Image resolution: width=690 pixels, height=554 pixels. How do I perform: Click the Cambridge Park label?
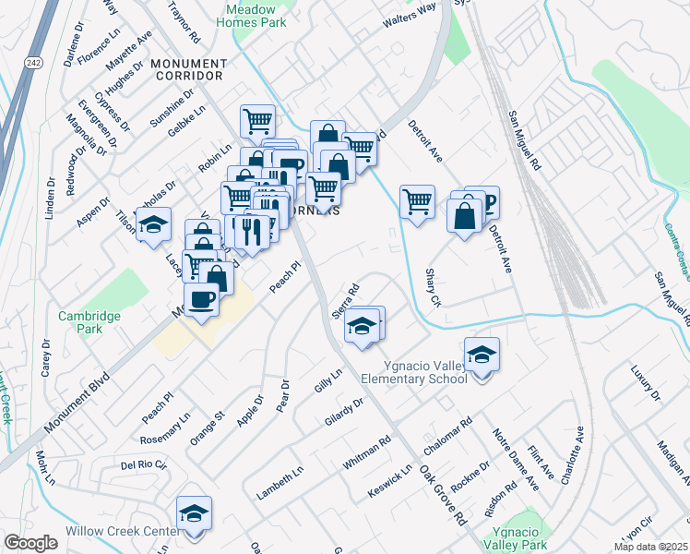90,321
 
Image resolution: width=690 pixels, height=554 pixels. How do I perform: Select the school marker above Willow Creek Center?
195,514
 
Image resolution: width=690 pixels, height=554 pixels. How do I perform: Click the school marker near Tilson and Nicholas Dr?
154,224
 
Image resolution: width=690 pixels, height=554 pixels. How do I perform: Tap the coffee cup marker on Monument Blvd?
201,299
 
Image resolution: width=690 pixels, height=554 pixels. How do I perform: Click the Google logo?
30,543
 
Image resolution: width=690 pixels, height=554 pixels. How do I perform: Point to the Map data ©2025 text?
651,547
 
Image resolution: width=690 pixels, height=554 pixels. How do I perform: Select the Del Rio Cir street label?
142,464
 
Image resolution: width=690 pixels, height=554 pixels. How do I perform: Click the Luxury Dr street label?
646,383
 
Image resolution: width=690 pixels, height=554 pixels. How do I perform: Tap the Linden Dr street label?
49,196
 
